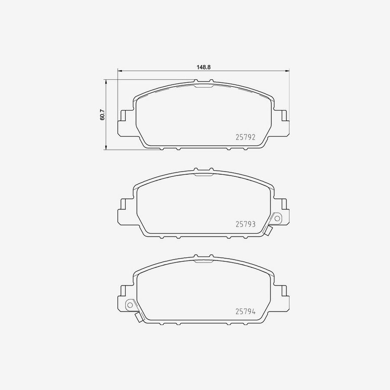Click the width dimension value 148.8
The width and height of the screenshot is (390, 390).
tap(203, 67)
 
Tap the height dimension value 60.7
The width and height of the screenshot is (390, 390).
tap(102, 115)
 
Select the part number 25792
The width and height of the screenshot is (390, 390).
tap(245, 136)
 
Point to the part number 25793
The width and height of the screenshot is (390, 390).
tap(245, 224)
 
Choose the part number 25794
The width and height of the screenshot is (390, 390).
tap(245, 311)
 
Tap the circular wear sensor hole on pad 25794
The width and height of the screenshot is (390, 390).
tap(129, 305)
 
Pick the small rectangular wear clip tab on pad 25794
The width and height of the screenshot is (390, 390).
tap(138, 318)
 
